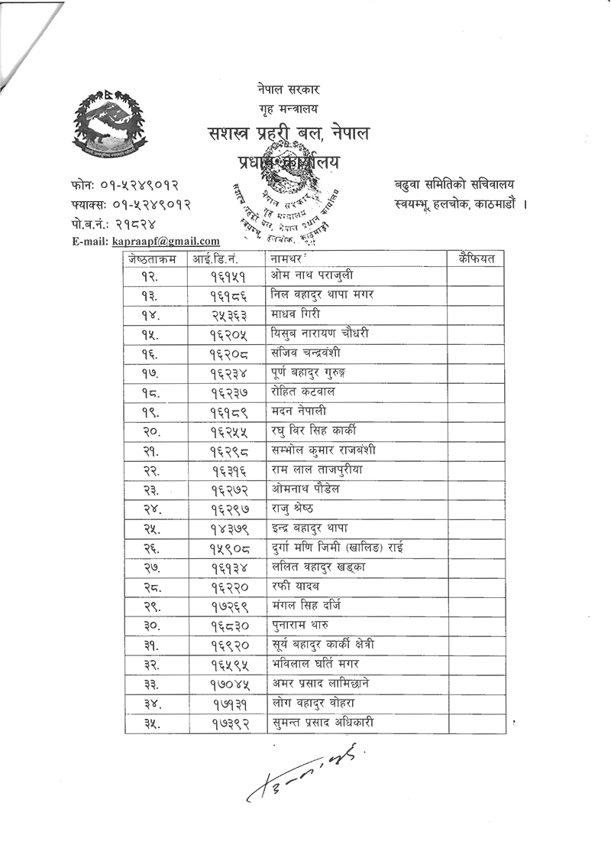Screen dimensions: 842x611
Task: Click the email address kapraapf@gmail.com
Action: (166, 241)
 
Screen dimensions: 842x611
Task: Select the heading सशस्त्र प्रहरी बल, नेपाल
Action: (289, 135)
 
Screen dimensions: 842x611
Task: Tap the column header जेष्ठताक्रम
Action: (153, 258)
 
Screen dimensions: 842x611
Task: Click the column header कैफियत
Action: (477, 258)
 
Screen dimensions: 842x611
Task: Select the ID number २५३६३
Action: (228, 314)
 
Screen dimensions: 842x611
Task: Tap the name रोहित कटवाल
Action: (303, 392)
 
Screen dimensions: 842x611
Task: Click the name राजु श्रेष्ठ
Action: (292, 509)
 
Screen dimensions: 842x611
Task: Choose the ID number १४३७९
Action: (228, 528)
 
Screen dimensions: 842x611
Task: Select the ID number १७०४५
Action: (228, 683)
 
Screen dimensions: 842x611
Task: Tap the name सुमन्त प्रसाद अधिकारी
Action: (322, 722)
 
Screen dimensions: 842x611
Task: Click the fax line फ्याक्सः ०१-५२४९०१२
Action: (129, 205)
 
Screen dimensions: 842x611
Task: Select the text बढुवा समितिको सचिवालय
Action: (454, 184)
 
